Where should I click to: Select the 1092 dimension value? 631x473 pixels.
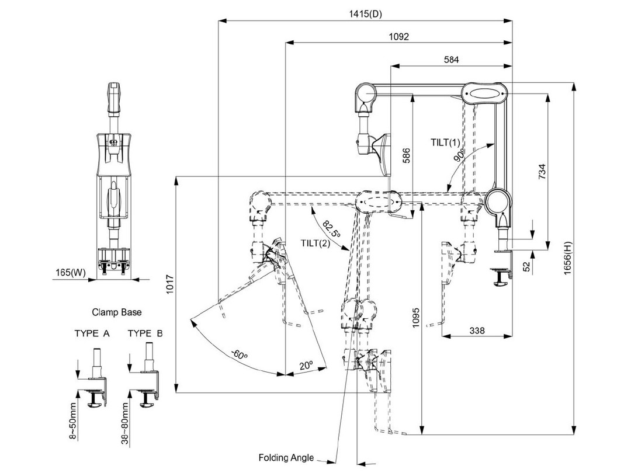click(398, 36)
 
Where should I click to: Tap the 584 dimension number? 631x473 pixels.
click(451, 59)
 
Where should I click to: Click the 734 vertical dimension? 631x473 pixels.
click(542, 173)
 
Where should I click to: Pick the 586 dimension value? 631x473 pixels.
click(407, 156)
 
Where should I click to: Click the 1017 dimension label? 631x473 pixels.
click(170, 286)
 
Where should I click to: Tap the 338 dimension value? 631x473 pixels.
click(477, 331)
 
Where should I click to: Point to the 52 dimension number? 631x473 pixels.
click(528, 265)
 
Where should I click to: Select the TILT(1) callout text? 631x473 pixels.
click(446, 142)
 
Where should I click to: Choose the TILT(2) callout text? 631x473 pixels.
click(316, 243)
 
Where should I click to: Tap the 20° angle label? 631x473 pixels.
click(305, 364)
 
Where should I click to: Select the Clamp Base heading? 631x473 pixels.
click(117, 312)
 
